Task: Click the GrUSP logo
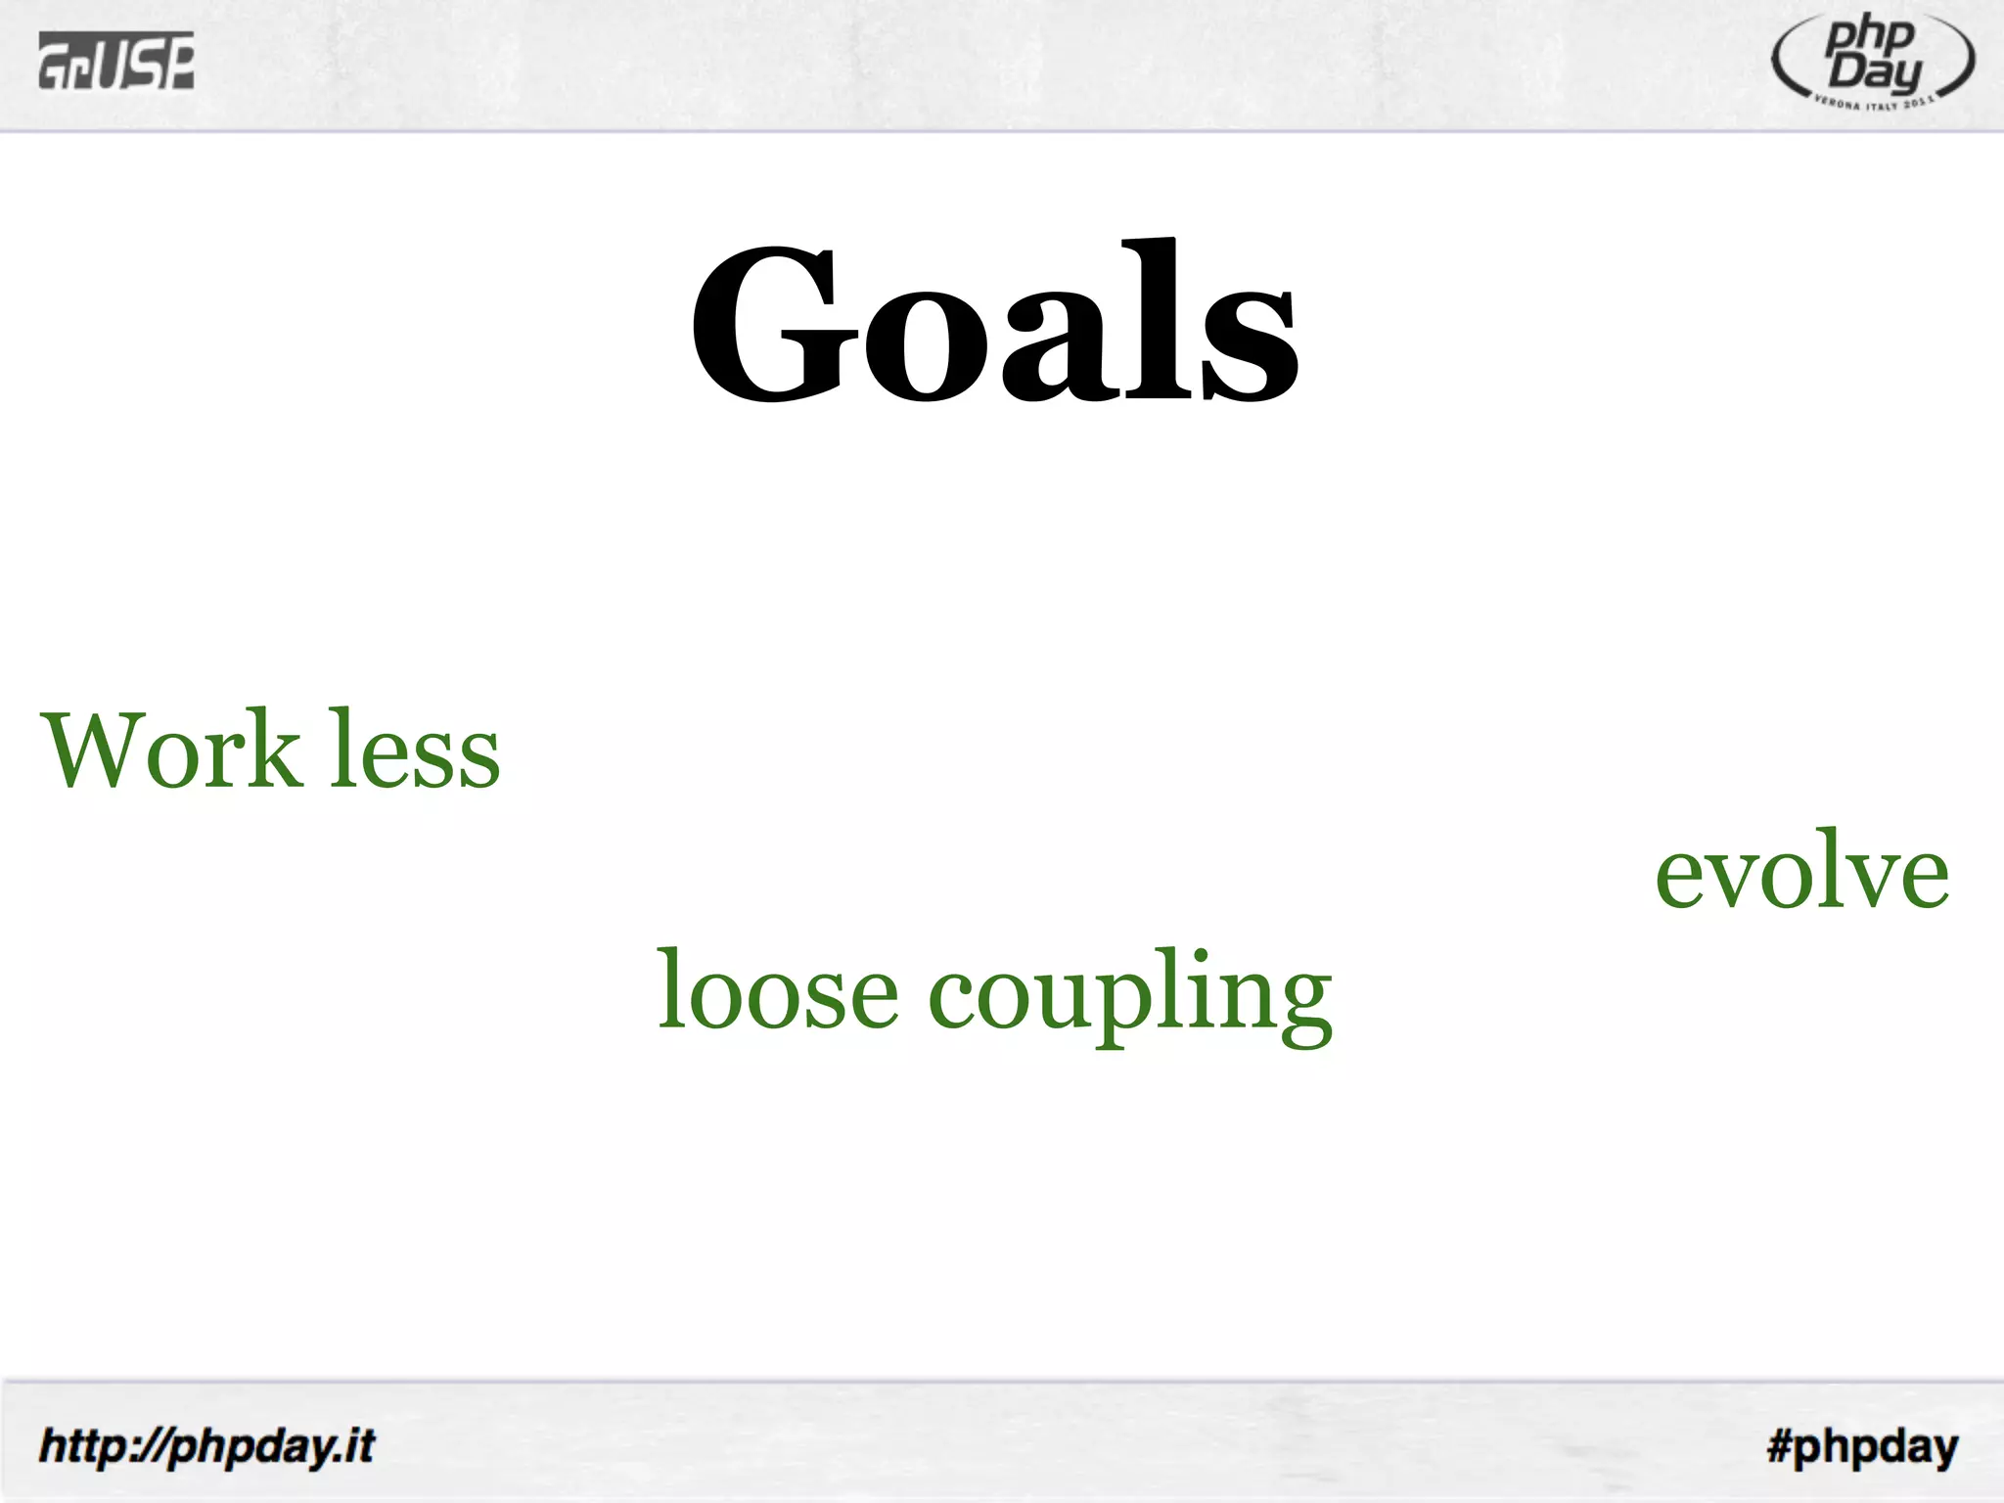coord(116,60)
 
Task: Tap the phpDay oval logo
coord(1872,61)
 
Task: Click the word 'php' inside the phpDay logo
coord(1869,37)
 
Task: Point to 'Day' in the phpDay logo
coord(1876,72)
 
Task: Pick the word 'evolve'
coord(1801,872)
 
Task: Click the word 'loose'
coord(777,991)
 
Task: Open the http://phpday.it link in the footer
coord(206,1446)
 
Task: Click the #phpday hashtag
coord(1862,1446)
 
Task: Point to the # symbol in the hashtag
coord(1780,1445)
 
